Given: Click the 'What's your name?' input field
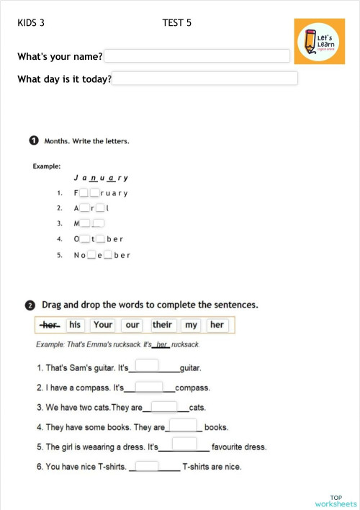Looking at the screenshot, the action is (197, 56).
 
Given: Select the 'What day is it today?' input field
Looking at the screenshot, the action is (205, 79).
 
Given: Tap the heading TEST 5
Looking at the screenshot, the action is (177, 23).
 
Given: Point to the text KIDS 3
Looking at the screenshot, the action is (31, 23).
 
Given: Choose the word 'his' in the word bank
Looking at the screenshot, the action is (75, 325).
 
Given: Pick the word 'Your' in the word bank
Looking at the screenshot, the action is (103, 325).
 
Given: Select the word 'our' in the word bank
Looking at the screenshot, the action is (132, 325).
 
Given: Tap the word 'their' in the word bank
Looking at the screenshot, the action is (162, 325).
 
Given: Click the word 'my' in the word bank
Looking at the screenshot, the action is (190, 325).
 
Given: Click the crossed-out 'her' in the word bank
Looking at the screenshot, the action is (50, 325).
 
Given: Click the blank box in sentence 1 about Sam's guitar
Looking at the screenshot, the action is (147, 365).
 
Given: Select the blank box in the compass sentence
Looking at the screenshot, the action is (149, 386).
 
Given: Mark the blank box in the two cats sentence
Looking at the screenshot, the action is (165, 406).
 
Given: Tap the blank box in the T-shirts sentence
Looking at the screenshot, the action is (147, 465).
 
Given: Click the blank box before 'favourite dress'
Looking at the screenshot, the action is (184, 444).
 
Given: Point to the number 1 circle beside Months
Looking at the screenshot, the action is (34, 140).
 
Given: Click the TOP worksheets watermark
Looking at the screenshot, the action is (336, 501).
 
